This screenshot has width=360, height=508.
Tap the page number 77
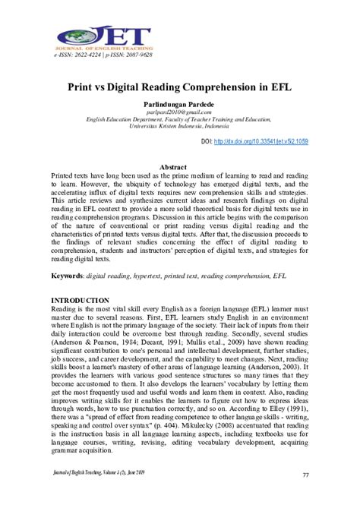(305, 475)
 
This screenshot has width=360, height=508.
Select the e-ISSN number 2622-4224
(91, 55)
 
